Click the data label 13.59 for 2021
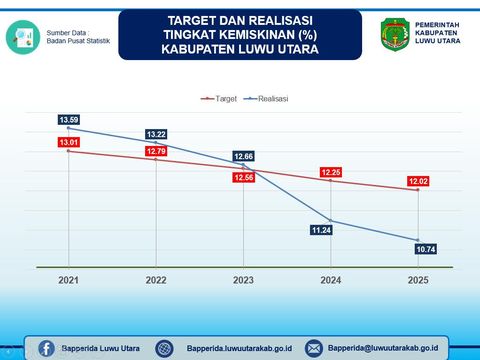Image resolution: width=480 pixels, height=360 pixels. tap(68, 120)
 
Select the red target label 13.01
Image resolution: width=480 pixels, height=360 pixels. tap(68, 143)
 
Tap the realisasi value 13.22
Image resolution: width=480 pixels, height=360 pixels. tap(156, 134)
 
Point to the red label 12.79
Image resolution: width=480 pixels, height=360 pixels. tap(156, 152)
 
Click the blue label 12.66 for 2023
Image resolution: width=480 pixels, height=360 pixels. tap(244, 156)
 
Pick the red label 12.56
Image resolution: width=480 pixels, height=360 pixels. tap(244, 177)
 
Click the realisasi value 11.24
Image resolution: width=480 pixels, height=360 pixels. tap(320, 229)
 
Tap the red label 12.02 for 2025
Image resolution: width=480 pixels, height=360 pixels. tap(418, 181)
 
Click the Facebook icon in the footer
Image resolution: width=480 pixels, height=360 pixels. tap(46, 347)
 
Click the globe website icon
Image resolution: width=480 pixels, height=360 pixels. tap(165, 347)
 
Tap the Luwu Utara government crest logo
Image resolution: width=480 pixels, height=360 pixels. tap(393, 35)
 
